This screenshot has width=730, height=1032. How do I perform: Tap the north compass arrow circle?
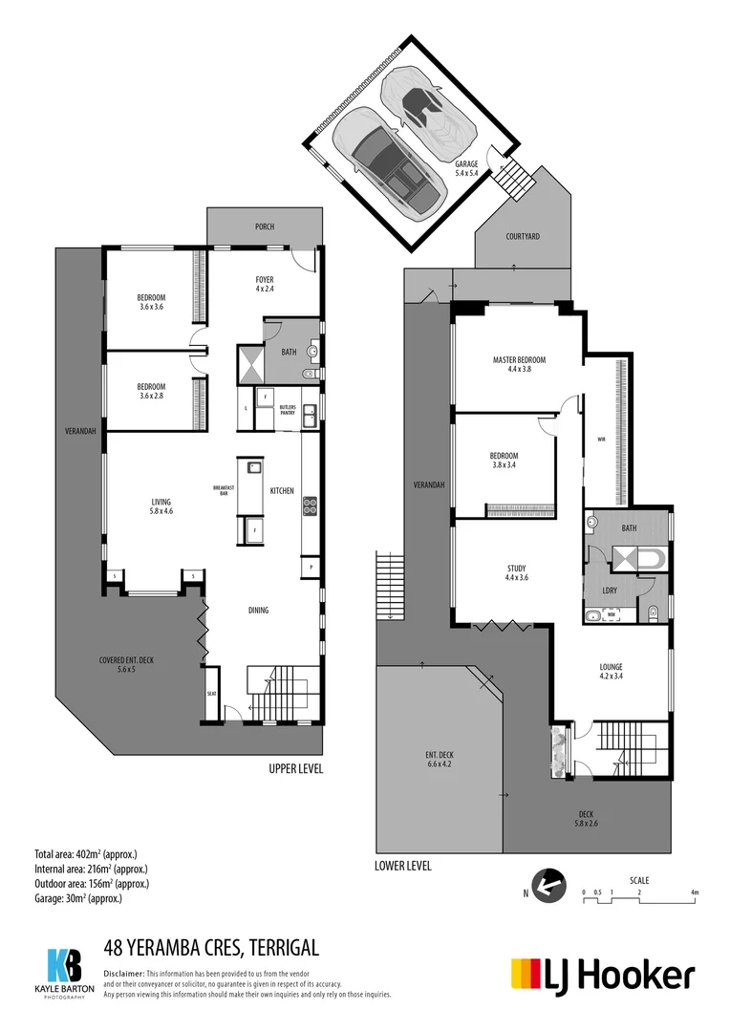[x=546, y=884]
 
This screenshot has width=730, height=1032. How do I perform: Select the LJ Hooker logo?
[x=602, y=975]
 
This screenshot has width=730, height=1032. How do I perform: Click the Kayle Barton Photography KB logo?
[x=64, y=967]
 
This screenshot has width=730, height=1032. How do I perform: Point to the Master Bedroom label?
[x=519, y=364]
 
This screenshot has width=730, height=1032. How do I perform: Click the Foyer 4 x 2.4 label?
[x=265, y=284]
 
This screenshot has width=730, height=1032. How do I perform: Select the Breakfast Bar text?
[x=224, y=490]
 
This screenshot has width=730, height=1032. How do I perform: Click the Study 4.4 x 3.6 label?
[x=517, y=573]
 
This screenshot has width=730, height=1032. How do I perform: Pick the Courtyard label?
[x=523, y=236]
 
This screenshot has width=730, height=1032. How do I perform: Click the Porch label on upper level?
[x=265, y=226]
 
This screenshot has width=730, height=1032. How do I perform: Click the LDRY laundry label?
[x=609, y=590]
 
